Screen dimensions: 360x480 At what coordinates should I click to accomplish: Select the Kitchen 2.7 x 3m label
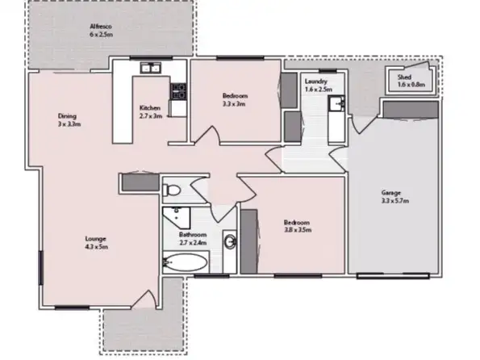151,112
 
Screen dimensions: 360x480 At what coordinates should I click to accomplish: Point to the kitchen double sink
150,69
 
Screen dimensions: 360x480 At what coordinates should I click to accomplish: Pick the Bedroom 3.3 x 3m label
235,99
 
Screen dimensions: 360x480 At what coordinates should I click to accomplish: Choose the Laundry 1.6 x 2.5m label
315,86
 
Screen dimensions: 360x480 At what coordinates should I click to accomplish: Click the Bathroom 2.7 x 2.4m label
193,239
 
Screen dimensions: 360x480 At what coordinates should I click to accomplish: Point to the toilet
170,190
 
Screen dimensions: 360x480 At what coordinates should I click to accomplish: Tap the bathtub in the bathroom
185,262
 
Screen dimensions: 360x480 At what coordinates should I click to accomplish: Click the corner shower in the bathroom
173,216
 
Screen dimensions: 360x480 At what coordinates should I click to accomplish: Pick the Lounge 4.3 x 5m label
96,242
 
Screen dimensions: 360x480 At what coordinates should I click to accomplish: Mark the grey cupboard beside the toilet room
137,183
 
